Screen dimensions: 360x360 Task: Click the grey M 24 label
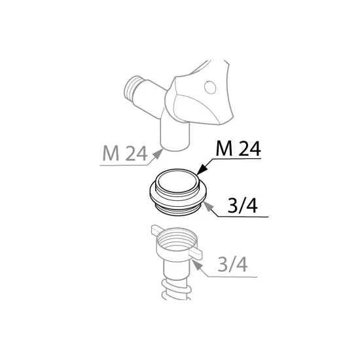coord(124,153)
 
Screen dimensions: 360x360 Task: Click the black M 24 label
coord(238,149)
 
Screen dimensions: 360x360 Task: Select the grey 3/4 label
coord(232,264)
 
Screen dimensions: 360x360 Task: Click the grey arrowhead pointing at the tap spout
coord(158,153)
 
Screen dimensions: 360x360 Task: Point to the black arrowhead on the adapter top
coord(202,170)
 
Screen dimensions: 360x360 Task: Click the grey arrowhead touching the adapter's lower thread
coord(208,207)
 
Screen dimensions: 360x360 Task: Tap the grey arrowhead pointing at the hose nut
coord(198,265)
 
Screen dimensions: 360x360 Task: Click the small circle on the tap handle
coord(210,87)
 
